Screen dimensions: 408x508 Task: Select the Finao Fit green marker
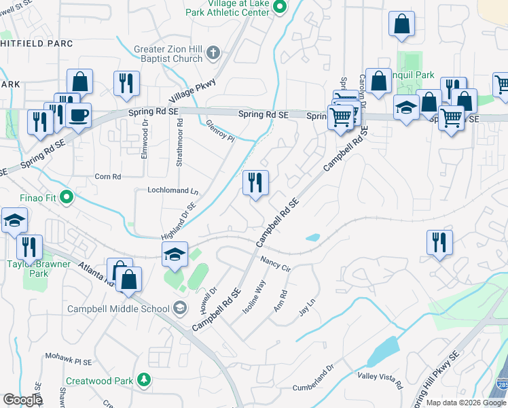[66, 198]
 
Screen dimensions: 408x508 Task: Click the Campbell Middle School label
[118, 309]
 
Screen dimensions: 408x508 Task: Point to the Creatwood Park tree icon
[143, 379]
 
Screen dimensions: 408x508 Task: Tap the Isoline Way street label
[254, 296]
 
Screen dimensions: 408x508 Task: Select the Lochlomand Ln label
[173, 190]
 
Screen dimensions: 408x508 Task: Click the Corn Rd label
[108, 177]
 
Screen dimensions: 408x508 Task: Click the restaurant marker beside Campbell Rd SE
[255, 183]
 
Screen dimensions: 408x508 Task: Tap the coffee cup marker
[79, 115]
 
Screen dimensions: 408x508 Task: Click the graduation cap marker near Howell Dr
[175, 254]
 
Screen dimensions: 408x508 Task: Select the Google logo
[22, 400]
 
